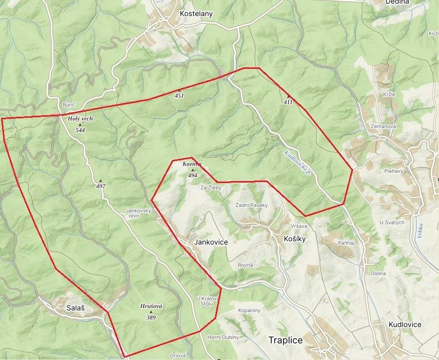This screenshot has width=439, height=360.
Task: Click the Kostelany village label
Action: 196,14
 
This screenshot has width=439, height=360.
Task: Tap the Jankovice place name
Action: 211,241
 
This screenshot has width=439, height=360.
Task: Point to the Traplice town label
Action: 286,340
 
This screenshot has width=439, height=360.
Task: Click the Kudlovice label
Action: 405,325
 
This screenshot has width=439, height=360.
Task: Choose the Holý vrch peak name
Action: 80,119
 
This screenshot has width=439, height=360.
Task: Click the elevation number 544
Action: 80,130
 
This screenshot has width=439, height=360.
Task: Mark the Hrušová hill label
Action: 151,306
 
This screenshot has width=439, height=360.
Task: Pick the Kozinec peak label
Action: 192,164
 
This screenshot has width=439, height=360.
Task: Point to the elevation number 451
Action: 179,96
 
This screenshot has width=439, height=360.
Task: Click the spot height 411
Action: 288,102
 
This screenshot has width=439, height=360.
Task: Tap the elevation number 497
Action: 100,186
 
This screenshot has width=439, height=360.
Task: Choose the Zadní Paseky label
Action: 252,205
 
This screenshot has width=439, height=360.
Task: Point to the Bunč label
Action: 69,105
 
